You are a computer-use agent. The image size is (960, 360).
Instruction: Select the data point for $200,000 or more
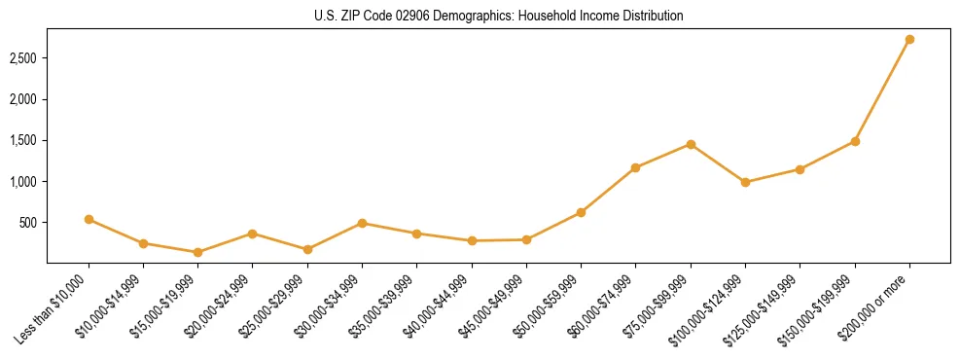coord(909,40)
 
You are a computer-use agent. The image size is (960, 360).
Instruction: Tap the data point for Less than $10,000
coord(89,219)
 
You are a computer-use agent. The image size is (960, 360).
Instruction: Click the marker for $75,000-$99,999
coord(691,144)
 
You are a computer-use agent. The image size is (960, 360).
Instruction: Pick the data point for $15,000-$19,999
coord(198,252)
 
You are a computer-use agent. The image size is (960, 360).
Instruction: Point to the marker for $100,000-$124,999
coord(745,182)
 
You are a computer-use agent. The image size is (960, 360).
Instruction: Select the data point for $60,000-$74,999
coord(635,167)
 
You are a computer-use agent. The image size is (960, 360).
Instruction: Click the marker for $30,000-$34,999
coord(362,223)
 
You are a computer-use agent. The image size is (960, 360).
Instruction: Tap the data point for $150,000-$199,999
coord(855,141)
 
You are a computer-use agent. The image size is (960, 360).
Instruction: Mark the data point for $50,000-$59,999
coord(581,212)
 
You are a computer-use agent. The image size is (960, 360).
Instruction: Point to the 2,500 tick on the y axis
coord(23,58)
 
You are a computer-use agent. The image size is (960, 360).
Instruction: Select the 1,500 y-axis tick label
coord(23,140)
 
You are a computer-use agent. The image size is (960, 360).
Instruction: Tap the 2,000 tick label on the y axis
coord(23,99)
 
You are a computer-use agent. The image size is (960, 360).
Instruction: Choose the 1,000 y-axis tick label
coord(23,182)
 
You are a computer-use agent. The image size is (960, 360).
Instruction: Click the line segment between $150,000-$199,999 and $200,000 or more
coord(882,90)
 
